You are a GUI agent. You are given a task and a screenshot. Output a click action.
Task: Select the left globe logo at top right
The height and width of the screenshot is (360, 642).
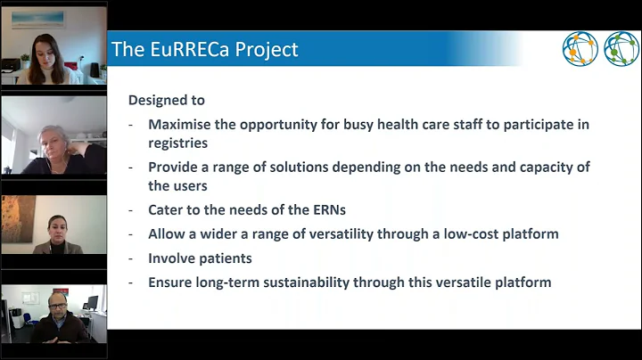pos(580,49)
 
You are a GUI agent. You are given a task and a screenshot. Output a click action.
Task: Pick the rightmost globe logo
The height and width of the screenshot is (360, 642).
pos(621,49)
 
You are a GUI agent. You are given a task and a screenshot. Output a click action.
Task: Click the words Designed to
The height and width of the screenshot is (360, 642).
pos(167,101)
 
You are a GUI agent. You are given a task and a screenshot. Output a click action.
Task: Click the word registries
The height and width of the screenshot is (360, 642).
pos(179,142)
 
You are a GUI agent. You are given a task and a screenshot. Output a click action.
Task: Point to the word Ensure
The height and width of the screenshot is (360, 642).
pos(173,282)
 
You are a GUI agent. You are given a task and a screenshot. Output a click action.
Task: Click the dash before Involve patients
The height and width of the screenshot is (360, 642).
pos(132,258)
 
